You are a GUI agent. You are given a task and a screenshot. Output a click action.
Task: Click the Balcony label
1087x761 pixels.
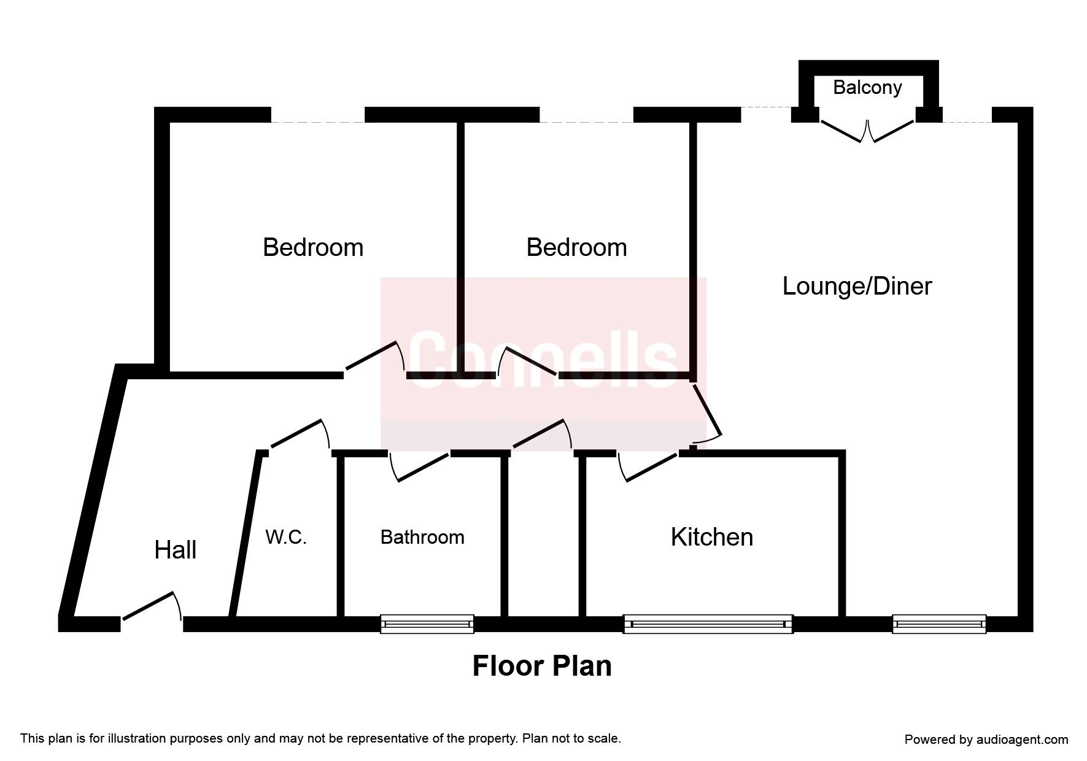tap(867, 88)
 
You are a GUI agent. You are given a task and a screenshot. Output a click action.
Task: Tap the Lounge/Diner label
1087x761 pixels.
tap(857, 287)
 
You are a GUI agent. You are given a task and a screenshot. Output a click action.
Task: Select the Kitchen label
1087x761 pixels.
tap(711, 537)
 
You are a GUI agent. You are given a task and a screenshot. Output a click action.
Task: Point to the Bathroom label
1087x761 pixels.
tap(422, 537)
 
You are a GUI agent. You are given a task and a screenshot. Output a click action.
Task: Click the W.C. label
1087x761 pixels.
tap(286, 537)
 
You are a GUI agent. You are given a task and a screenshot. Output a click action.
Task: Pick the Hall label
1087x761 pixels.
tap(176, 550)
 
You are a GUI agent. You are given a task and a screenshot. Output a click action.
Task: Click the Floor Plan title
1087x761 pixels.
tap(542, 666)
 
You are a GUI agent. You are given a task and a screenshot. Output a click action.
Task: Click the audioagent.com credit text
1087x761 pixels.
tap(986, 740)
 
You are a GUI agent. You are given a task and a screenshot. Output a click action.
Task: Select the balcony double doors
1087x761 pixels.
tap(867, 131)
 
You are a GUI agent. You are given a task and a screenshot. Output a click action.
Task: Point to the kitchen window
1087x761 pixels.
tap(708, 624)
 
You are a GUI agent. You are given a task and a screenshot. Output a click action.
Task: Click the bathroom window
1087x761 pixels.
tap(427, 624)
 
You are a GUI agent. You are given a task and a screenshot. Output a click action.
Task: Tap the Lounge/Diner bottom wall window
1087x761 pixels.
tap(939, 624)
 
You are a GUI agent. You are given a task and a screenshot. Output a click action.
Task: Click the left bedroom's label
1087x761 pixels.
tap(313, 247)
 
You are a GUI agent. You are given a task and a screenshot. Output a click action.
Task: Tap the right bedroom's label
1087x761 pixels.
tap(576, 247)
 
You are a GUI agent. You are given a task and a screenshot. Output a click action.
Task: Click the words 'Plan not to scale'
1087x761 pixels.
tap(571, 738)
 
